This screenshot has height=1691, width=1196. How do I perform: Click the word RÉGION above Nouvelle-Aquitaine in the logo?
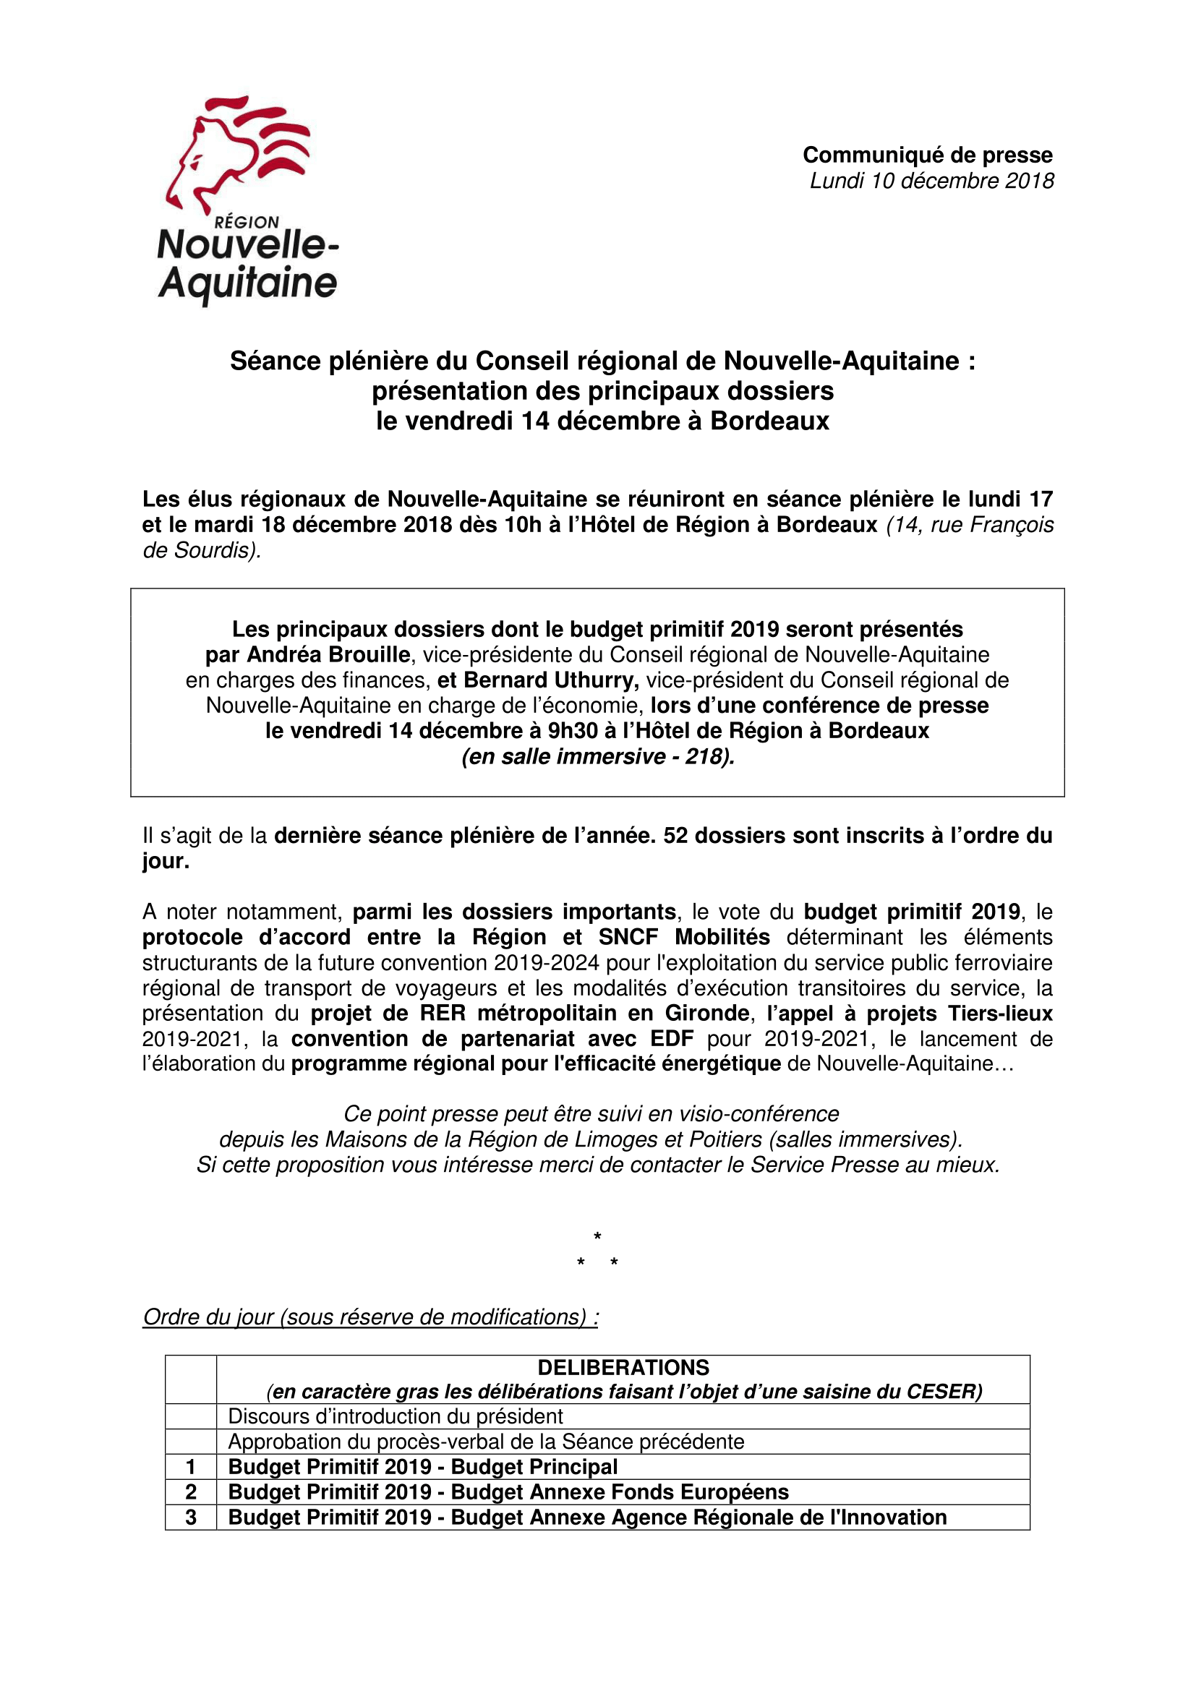click(x=247, y=222)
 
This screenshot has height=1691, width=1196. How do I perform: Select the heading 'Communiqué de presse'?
click(x=927, y=155)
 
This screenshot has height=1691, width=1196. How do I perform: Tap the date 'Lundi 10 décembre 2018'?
click(x=931, y=181)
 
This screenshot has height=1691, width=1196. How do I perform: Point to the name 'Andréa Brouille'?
click(x=328, y=655)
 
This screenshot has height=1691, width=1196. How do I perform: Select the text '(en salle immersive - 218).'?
click(x=598, y=756)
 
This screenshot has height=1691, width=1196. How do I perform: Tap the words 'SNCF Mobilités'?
click(x=684, y=938)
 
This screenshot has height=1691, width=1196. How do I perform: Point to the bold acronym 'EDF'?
click(x=672, y=1039)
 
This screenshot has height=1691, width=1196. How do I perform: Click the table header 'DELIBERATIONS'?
click(x=623, y=1368)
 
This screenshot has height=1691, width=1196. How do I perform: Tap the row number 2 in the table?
click(x=191, y=1492)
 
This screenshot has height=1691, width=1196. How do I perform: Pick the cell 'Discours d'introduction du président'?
click(x=396, y=1416)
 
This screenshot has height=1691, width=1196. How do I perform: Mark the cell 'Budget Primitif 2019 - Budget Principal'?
click(x=423, y=1467)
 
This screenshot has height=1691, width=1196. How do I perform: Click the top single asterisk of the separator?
click(x=597, y=1236)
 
